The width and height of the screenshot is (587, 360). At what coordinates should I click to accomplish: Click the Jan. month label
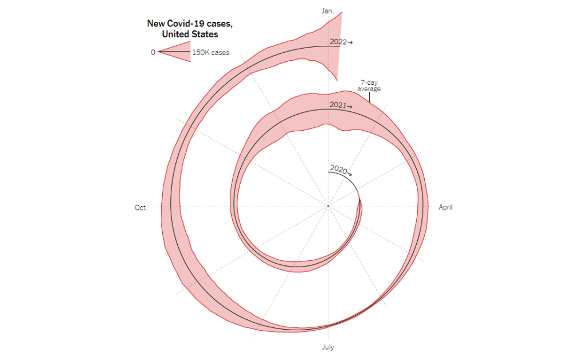328,11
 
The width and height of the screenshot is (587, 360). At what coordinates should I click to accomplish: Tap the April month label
445,207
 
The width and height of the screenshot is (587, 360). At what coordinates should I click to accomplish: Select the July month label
328,347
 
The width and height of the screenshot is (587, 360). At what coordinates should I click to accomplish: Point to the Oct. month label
141,208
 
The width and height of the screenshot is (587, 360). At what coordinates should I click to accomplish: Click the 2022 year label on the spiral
338,42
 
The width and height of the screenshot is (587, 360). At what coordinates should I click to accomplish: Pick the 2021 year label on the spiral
338,105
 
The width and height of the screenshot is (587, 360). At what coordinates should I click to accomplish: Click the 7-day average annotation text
369,86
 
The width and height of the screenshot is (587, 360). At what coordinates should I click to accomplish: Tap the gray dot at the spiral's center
328,206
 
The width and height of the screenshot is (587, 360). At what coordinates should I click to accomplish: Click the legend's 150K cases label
210,53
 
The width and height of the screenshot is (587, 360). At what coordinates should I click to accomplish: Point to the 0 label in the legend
153,53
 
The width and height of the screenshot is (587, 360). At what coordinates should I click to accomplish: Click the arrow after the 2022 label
350,42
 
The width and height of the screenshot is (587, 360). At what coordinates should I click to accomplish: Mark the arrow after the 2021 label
350,107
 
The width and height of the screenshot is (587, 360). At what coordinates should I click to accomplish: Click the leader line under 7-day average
369,97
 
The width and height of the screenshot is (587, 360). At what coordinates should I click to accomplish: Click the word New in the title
155,24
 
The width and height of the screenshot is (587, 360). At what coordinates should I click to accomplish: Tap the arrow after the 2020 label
349,173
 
